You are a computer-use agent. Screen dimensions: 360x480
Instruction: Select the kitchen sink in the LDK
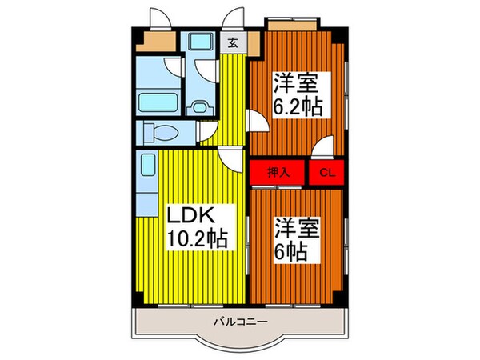(147, 170)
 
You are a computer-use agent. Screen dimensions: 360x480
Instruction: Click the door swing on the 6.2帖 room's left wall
(258, 122)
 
